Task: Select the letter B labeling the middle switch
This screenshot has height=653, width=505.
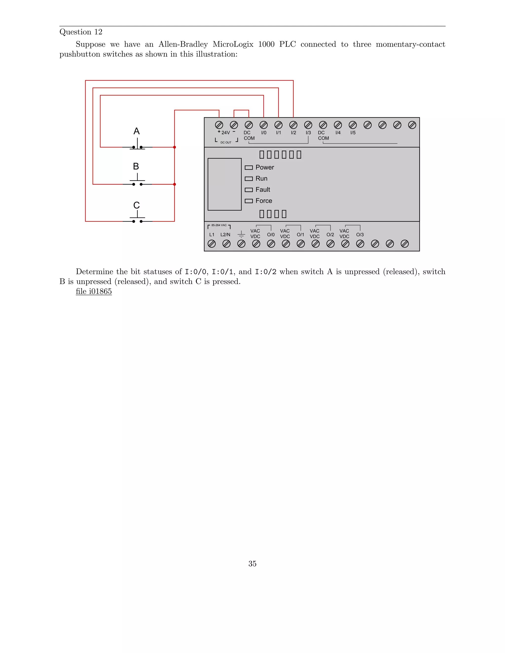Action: tap(136, 166)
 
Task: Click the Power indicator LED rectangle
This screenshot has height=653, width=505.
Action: tap(249, 167)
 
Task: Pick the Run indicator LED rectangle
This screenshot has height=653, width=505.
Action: tap(249, 178)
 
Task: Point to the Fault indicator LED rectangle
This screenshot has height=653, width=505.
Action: tap(249, 190)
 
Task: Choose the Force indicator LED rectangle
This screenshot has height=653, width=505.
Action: tap(249, 201)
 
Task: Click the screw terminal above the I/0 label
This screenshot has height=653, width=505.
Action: tap(264, 125)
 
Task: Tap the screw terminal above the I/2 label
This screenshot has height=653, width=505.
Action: tap(293, 125)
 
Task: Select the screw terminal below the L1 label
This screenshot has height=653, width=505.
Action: tap(212, 244)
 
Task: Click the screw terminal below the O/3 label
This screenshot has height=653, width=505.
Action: tap(360, 244)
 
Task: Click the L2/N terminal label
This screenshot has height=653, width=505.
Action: tap(225, 235)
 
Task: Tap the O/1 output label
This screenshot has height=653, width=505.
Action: tap(300, 235)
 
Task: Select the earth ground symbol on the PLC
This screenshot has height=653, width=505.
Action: tap(241, 234)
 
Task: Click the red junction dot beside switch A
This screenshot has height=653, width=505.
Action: tap(174, 147)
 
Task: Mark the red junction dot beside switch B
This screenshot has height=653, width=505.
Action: tap(174, 184)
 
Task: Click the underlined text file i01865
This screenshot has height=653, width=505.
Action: tap(94, 291)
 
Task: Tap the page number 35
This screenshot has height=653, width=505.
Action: tap(252, 564)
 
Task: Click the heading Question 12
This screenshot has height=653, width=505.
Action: tap(81, 32)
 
